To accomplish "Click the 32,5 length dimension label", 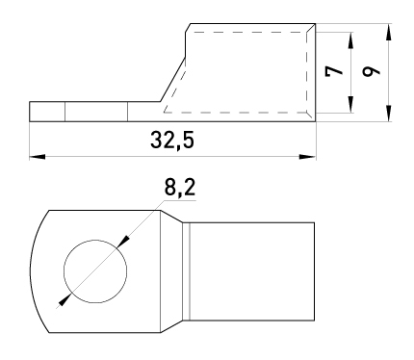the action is (172, 141).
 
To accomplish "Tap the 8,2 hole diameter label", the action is (180, 188).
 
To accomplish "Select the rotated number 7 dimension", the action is (334, 71).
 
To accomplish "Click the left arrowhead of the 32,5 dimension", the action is (37, 157).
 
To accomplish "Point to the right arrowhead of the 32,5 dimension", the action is (307, 157).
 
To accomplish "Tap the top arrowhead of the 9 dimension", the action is (389, 32).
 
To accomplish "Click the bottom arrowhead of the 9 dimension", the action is (389, 113).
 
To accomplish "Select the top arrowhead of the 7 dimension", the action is (350, 40).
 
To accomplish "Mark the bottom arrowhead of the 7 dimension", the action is (350, 105).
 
